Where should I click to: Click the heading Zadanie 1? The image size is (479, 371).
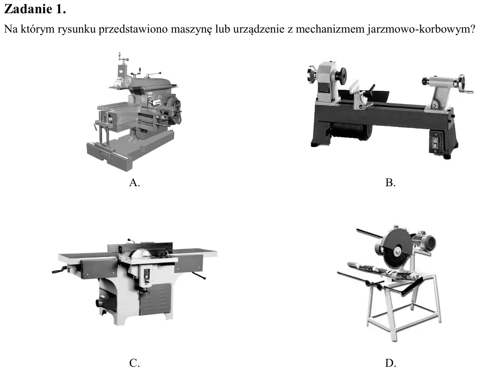(x=35, y=9)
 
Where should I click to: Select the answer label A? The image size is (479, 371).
(x=134, y=182)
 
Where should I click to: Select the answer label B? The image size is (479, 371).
(x=390, y=182)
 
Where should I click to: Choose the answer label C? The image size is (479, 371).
(x=134, y=363)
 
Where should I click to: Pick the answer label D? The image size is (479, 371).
(x=390, y=363)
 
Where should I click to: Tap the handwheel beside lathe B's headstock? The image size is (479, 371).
(x=312, y=75)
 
